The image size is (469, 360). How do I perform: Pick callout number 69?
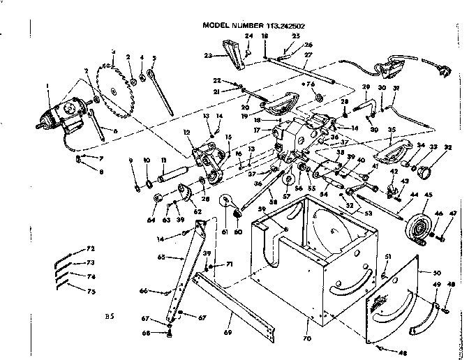pyautogui.click(x=230, y=324)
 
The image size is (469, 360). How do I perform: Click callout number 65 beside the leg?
pyautogui.click(x=161, y=257)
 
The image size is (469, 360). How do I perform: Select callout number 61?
pyautogui.click(x=225, y=232)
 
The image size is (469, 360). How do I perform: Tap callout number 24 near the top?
pyautogui.click(x=248, y=35)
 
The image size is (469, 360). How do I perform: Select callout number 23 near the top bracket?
pyautogui.click(x=207, y=55)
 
